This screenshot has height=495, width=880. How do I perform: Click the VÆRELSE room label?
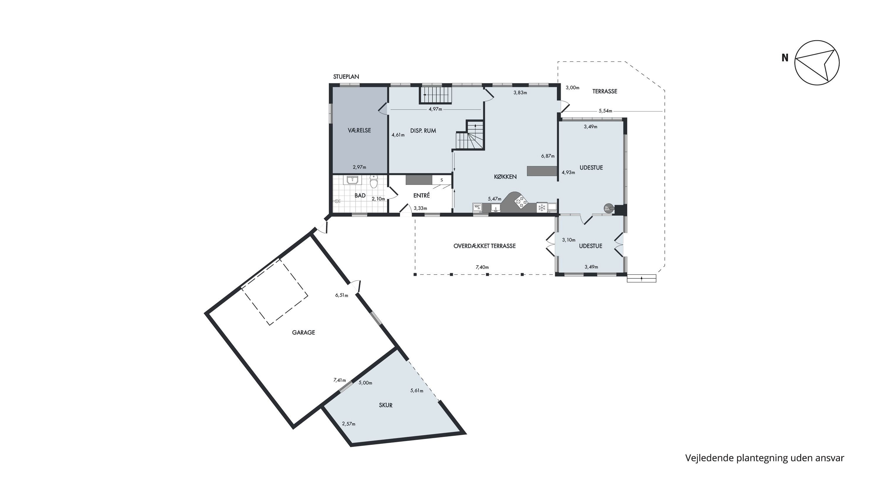click(x=359, y=130)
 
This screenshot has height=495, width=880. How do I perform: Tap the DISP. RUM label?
click(x=423, y=131)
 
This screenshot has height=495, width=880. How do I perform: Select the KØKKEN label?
click(x=505, y=177)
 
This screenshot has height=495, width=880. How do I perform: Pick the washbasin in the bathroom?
click(x=352, y=180)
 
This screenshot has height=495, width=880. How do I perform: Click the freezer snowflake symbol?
click(x=541, y=207)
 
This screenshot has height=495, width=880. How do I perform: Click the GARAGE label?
click(x=303, y=332)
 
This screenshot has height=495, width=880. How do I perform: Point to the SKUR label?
click(x=386, y=405)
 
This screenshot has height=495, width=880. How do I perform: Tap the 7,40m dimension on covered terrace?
click(x=482, y=267)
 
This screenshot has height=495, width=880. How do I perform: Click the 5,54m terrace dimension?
click(x=605, y=111)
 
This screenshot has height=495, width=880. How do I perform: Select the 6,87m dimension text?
click(x=548, y=156)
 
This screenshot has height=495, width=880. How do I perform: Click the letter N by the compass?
click(x=785, y=58)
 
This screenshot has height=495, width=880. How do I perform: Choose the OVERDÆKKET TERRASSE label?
click(x=484, y=246)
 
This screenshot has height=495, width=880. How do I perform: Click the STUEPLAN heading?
click(x=346, y=77)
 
